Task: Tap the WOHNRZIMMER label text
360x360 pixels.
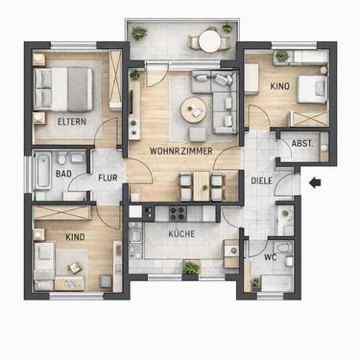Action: pos(180,152)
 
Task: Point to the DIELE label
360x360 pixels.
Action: pos(262,180)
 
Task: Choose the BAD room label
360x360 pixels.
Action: pos(64,174)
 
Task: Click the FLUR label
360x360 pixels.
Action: pos(107,178)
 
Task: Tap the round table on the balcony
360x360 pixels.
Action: pos(207,41)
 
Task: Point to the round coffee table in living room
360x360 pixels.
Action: pos(195,109)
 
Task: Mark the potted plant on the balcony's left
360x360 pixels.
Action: pos(140,34)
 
